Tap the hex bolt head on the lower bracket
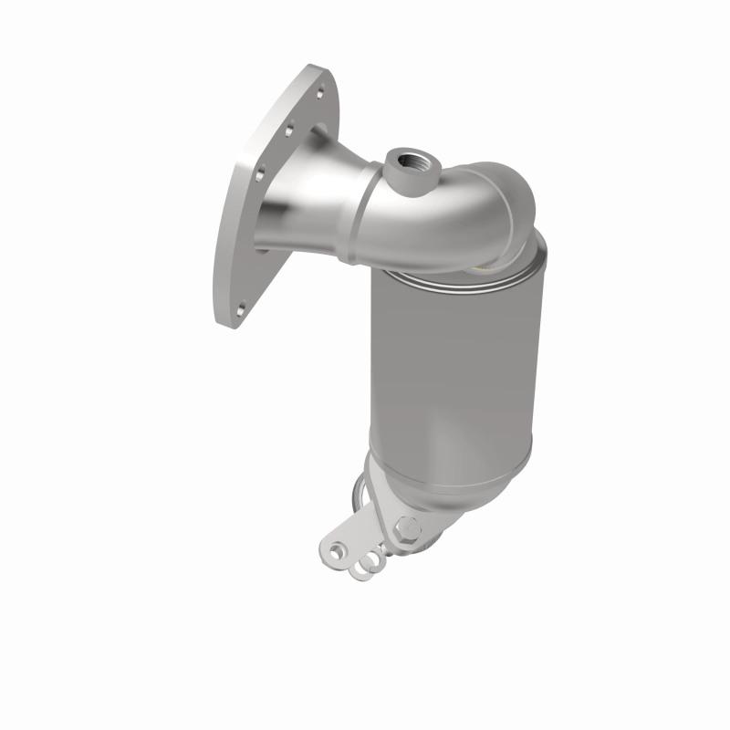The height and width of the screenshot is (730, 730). [x=407, y=527]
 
